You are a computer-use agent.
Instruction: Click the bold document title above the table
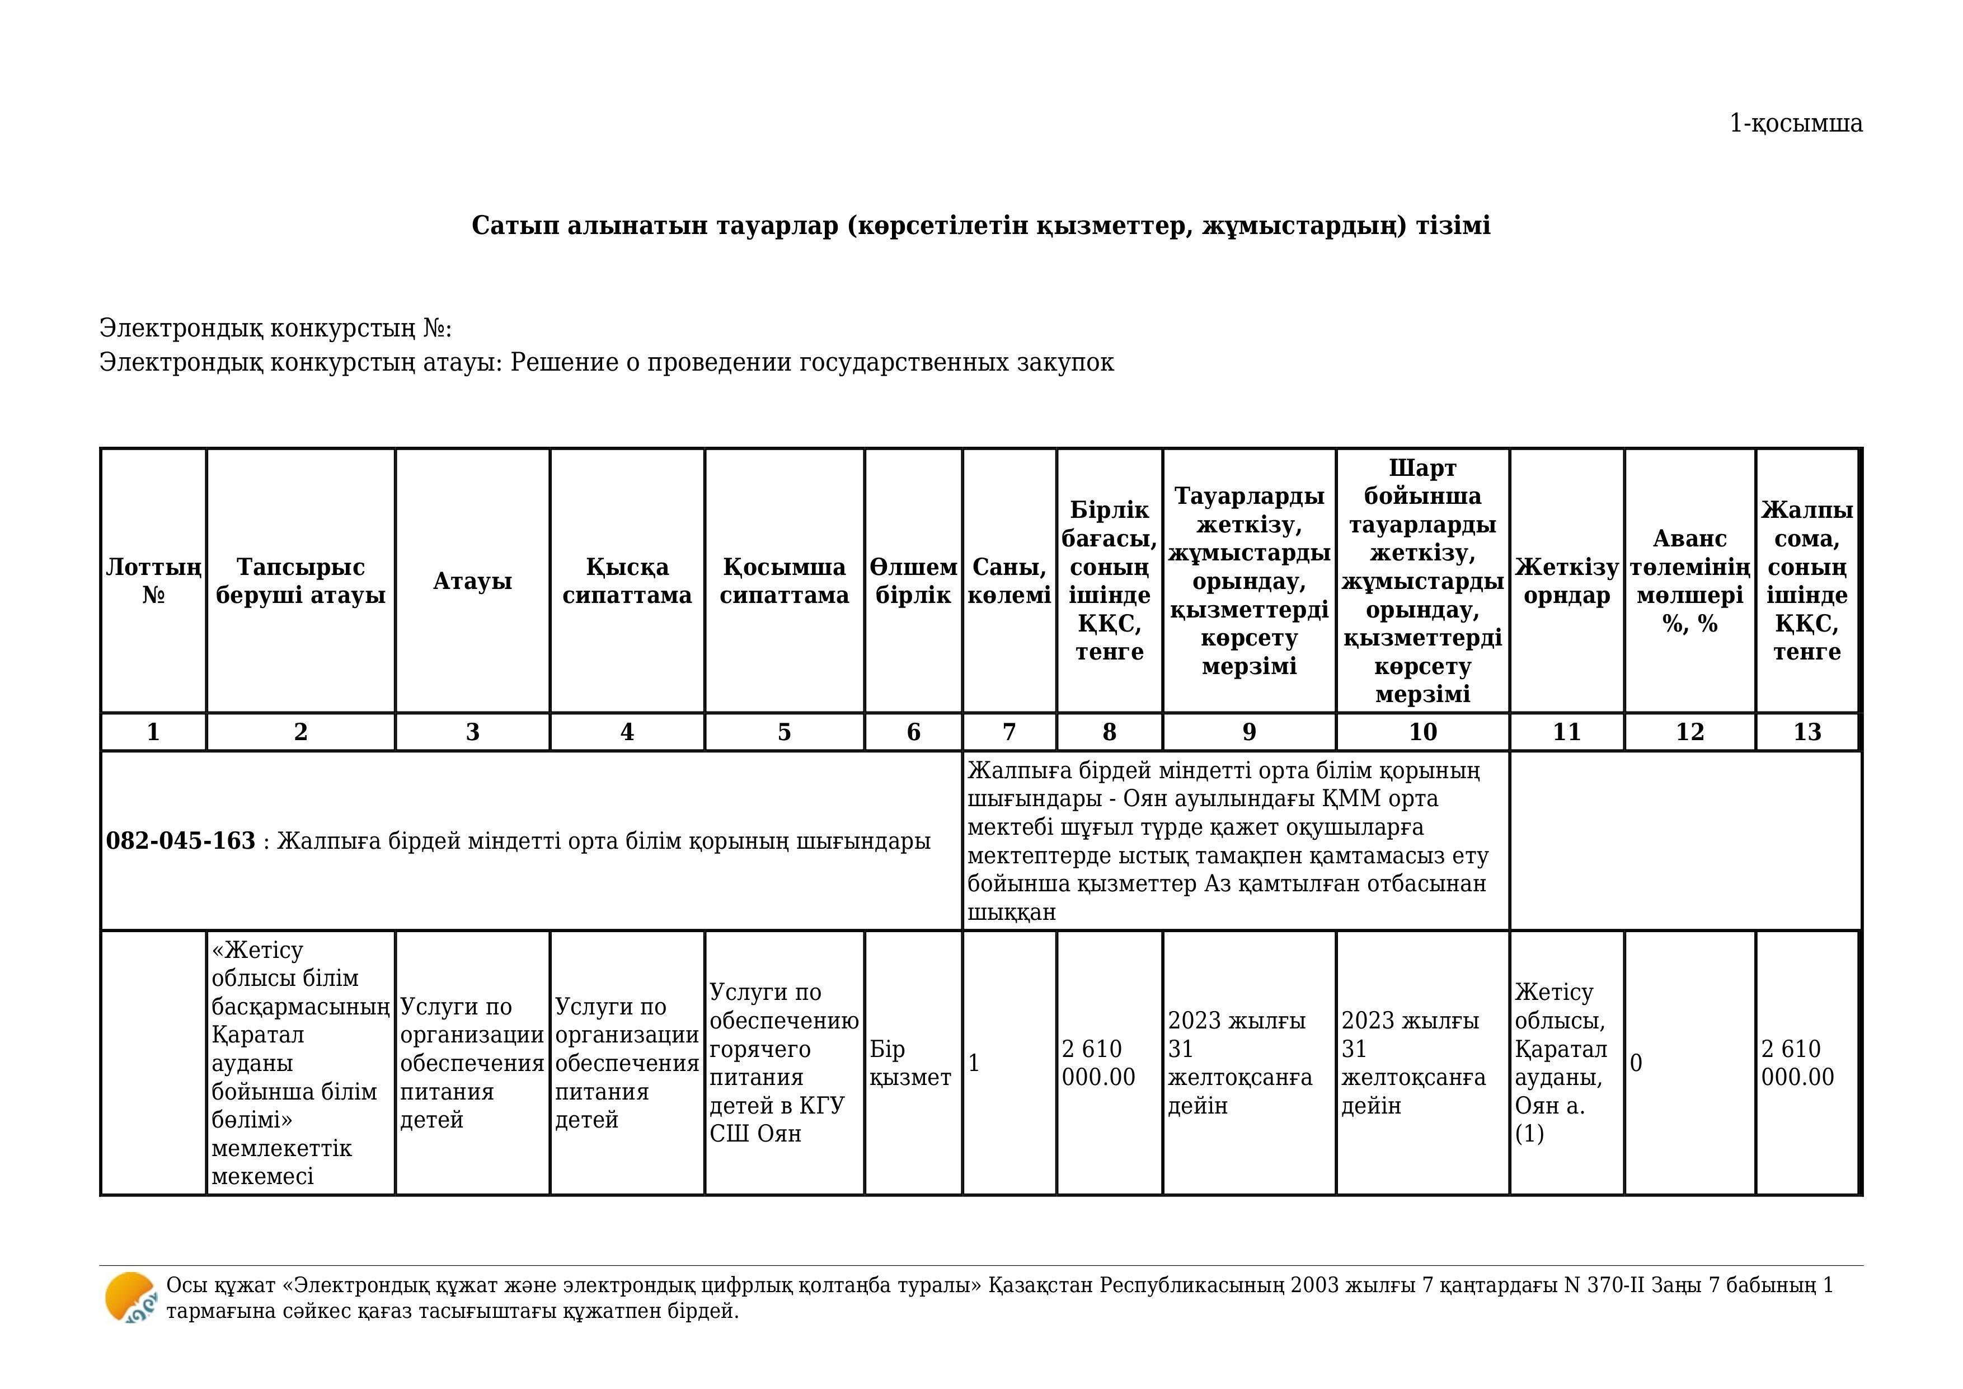click(980, 226)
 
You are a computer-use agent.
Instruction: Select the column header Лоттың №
click(153, 581)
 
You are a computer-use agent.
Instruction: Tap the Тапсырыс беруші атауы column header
click(300, 581)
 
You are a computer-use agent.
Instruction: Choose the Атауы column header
click(472, 581)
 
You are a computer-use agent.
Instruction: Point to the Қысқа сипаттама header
click(627, 581)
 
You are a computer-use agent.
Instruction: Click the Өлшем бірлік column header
click(913, 581)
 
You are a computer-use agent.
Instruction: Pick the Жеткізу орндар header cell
click(1566, 581)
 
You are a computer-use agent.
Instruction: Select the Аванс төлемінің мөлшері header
click(1689, 581)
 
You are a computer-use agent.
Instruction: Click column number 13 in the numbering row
click(1806, 732)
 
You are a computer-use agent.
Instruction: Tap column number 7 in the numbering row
click(1009, 732)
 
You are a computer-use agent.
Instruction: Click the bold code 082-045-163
click(180, 841)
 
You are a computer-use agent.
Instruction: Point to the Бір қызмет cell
click(910, 1063)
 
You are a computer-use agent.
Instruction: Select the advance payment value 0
click(1636, 1063)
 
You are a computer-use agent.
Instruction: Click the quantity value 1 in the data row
click(974, 1063)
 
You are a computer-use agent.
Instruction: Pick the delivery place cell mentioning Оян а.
click(1561, 1063)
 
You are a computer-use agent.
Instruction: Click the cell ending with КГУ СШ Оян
click(783, 1063)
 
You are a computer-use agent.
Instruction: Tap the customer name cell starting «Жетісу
click(299, 1063)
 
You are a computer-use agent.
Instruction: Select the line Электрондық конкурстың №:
click(275, 329)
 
